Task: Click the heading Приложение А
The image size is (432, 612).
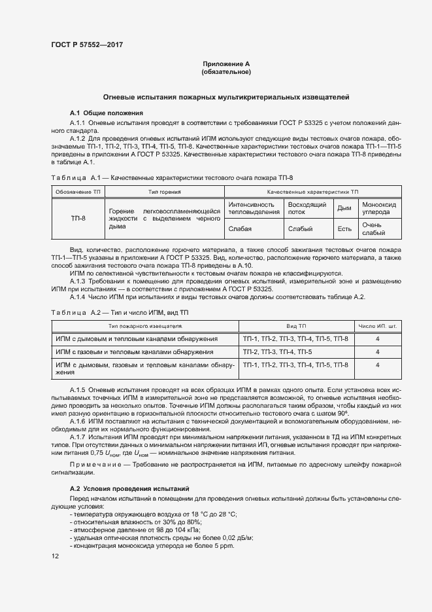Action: point(226,64)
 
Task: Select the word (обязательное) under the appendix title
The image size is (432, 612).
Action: point(226,72)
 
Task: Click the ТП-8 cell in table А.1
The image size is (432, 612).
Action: point(78,219)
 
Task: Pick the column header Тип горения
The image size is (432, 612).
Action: point(163,191)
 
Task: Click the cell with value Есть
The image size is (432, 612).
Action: point(344,228)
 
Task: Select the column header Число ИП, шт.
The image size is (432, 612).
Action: point(377,325)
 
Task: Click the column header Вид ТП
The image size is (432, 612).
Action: point(295,325)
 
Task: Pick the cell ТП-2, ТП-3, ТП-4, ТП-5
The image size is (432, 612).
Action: point(282,351)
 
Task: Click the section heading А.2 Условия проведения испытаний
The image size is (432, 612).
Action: point(129,489)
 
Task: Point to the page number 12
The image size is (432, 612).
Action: point(55,556)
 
